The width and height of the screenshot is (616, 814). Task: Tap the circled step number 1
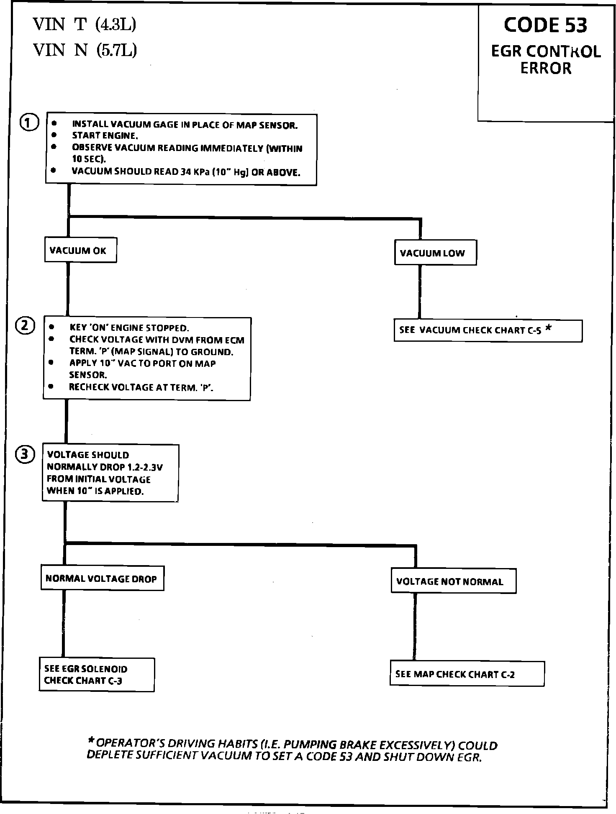(29, 123)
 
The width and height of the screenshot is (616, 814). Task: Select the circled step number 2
(25, 326)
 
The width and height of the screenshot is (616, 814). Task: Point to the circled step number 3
(25, 455)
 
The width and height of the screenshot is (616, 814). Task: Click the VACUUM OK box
(80, 250)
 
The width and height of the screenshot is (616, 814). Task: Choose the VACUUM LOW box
(435, 253)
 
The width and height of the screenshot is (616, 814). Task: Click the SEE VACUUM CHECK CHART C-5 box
(488, 330)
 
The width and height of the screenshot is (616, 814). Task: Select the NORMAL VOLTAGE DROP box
(102, 579)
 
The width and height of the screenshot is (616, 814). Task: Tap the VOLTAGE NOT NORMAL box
(453, 581)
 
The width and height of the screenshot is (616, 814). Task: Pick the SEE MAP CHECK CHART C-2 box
(467, 674)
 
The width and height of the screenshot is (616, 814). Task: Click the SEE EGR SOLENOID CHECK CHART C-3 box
(97, 675)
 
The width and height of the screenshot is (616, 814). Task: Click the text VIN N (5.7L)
(85, 51)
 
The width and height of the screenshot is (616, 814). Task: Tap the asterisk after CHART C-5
(548, 329)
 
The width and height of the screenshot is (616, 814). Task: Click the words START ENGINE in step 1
(105, 136)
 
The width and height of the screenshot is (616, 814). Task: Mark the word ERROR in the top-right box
(546, 68)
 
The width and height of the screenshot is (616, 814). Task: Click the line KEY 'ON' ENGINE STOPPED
(129, 328)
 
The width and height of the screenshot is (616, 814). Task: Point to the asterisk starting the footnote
(91, 742)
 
